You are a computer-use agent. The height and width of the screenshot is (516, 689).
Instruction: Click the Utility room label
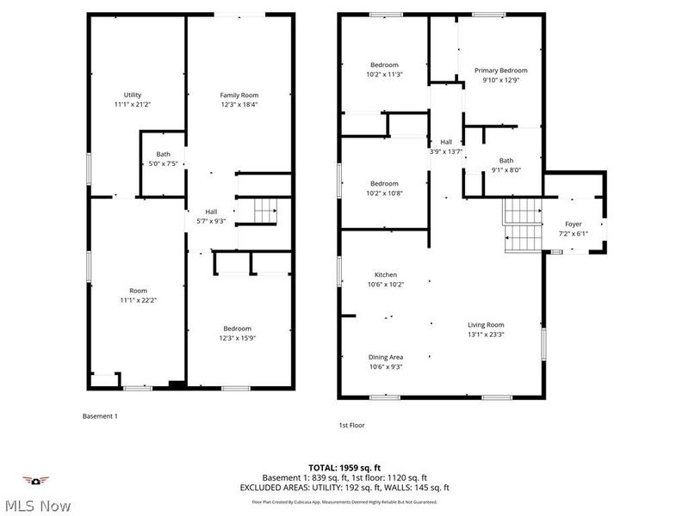pyautogui.click(x=133, y=100)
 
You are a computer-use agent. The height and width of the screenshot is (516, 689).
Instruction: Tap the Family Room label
pyautogui.click(x=239, y=100)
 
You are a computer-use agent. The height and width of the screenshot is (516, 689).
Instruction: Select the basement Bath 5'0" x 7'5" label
pyautogui.click(x=163, y=159)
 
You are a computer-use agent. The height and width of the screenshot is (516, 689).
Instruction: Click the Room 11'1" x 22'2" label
pyautogui.click(x=138, y=295)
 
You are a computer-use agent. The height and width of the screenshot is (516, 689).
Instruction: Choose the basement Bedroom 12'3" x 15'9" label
pyautogui.click(x=238, y=333)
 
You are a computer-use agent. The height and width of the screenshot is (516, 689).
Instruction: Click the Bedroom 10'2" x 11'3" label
pyautogui.click(x=384, y=70)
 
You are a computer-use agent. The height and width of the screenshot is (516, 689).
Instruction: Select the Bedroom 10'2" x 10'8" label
pyautogui.click(x=384, y=188)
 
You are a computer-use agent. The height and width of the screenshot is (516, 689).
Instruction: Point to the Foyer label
pyautogui.click(x=573, y=228)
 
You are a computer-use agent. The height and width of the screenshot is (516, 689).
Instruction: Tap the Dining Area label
pyautogui.click(x=385, y=361)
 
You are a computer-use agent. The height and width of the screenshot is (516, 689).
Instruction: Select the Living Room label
pyautogui.click(x=486, y=329)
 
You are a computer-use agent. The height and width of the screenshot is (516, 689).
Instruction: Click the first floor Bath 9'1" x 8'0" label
pyautogui.click(x=506, y=165)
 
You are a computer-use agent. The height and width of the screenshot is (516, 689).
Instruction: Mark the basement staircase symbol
pyautogui.click(x=265, y=209)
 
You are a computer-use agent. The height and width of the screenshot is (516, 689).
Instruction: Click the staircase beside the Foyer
pyautogui.click(x=522, y=223)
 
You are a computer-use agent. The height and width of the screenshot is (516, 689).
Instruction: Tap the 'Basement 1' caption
pyautogui.click(x=100, y=416)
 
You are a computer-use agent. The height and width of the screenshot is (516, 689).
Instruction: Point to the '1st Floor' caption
pyautogui.click(x=352, y=425)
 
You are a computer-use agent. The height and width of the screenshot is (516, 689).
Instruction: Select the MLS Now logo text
pyautogui.click(x=36, y=505)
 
